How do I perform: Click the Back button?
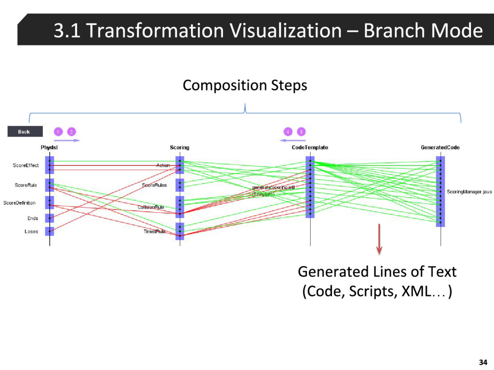[25, 132]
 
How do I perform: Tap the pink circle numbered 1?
[58, 132]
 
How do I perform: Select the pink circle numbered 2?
[71, 132]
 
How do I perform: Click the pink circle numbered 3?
[301, 132]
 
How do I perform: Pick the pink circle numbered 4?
[288, 132]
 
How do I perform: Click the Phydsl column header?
[49, 147]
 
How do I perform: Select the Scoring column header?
[179, 147]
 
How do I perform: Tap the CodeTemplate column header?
[310, 147]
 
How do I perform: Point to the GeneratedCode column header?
[440, 147]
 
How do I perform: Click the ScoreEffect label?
[26, 166]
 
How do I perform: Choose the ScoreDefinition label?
[19, 203]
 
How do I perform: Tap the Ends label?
[32, 218]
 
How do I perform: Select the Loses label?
[31, 231]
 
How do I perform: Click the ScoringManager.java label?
[469, 192]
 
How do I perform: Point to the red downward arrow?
[379, 238]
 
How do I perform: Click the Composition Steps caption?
[245, 86]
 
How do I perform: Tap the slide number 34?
[482, 362]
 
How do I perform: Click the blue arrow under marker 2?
[67, 141]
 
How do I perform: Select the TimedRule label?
[154, 231]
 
